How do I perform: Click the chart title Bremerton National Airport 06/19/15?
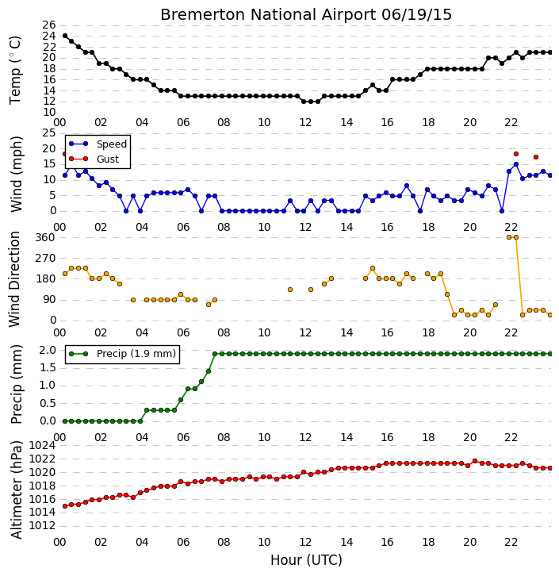(306, 15)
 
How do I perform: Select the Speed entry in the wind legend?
(98, 144)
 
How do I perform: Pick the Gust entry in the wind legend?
(94, 159)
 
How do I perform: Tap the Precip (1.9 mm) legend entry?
(122, 354)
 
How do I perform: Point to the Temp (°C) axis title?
(15, 70)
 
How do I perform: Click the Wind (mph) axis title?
(17, 174)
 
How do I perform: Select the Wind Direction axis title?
(14, 279)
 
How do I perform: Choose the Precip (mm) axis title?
(17, 384)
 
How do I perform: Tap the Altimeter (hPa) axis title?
(17, 490)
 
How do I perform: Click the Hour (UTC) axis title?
(306, 560)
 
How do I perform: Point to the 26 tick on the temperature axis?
(49, 25)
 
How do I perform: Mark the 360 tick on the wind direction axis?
(45, 237)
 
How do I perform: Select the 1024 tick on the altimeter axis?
(42, 446)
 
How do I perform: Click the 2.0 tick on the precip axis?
(48, 350)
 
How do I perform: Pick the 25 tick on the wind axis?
(49, 132)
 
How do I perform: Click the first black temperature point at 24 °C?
(65, 36)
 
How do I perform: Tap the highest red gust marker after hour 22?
(516, 154)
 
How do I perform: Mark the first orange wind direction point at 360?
(509, 237)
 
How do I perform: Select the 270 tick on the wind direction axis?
(45, 258)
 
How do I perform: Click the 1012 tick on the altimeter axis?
(42, 526)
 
